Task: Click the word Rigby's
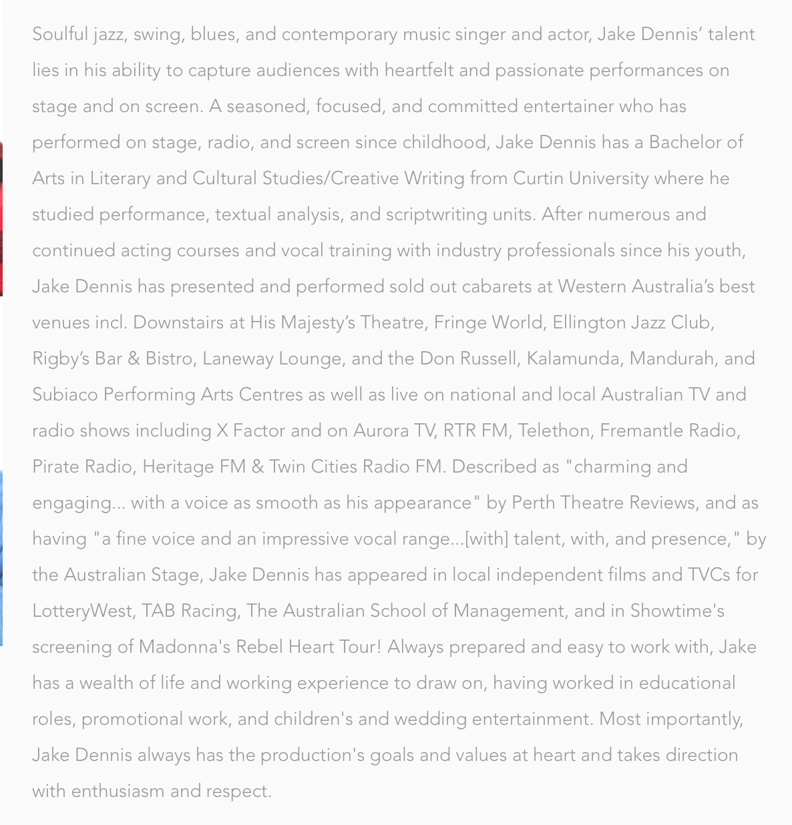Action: pyautogui.click(x=61, y=358)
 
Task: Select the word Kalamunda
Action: pyautogui.click(x=573, y=358)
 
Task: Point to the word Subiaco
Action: pyautogui.click(x=65, y=394)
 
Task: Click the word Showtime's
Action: pyautogui.click(x=677, y=611)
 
